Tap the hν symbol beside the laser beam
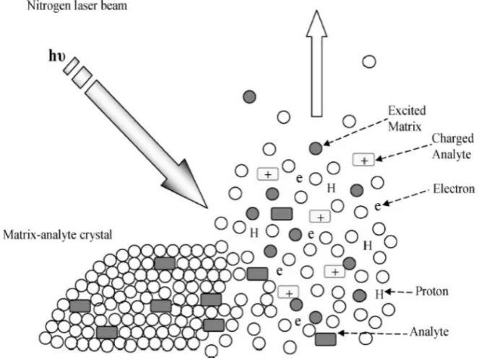click(57, 56)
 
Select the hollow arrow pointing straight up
click(316, 64)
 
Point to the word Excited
click(407, 111)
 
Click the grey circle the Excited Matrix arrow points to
click(316, 148)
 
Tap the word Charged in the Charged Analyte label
click(452, 139)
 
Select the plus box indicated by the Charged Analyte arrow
click(363, 160)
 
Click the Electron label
click(454, 189)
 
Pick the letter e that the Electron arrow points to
click(378, 207)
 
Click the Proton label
click(432, 291)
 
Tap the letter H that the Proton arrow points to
click(379, 294)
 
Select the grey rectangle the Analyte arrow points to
click(326, 339)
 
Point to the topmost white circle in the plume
click(369, 61)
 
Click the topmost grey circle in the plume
click(249, 97)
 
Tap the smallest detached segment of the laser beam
click(72, 66)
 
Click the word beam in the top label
click(115, 6)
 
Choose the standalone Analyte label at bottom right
click(429, 332)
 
